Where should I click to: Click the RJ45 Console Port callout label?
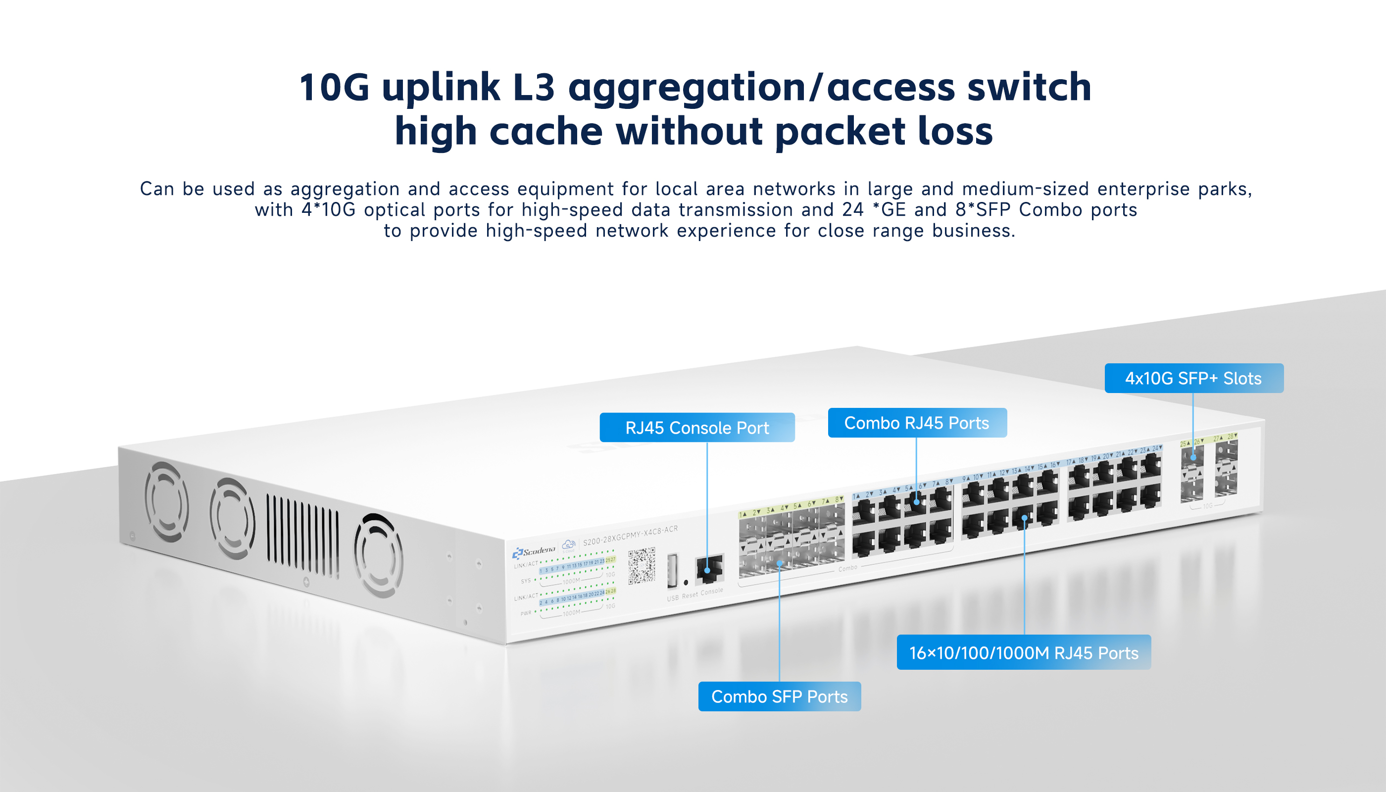[x=697, y=428]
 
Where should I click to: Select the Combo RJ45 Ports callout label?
[x=917, y=423]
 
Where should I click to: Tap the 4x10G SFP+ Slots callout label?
[x=1193, y=378]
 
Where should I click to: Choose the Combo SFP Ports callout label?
[x=779, y=696]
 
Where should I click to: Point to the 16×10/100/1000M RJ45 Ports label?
[x=1023, y=652]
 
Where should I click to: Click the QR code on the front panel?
[x=642, y=566]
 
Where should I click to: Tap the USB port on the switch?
[x=672, y=571]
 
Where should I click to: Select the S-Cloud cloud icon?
[x=569, y=544]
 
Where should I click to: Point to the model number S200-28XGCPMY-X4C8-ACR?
[x=630, y=535]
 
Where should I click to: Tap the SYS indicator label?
[x=526, y=581]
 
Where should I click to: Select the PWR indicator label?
[x=526, y=613]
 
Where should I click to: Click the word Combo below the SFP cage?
[x=847, y=568]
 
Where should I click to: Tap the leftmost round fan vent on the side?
[x=166, y=501]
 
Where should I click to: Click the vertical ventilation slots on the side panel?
[x=302, y=536]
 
